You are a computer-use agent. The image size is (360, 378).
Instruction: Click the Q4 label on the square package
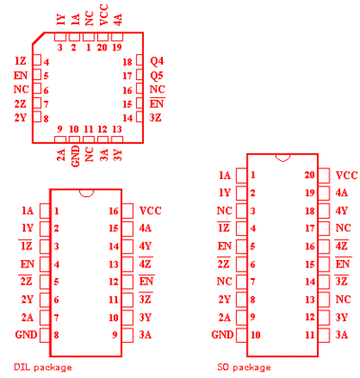[x=157, y=61]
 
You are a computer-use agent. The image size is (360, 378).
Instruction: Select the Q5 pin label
[x=157, y=76]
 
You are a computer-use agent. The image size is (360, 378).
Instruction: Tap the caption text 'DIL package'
[x=43, y=367]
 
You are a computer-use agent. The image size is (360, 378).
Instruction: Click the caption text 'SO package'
[x=244, y=367]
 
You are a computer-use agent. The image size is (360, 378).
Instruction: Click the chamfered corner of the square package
[x=38, y=38]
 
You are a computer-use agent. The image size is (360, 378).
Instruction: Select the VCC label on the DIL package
[x=150, y=211]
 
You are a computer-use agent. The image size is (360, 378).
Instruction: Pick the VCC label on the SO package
[x=346, y=175]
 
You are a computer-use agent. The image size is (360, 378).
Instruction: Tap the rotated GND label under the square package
[x=76, y=156]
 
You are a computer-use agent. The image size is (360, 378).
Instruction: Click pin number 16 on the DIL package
[x=113, y=211]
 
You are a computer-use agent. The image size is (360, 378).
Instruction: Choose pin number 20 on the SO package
[x=310, y=175]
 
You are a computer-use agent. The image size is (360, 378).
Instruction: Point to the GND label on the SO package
[x=222, y=335]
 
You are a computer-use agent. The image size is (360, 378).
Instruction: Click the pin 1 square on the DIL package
[x=45, y=211]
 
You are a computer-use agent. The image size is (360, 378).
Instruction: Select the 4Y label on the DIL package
[x=145, y=247]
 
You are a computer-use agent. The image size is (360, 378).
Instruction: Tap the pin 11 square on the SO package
[x=324, y=335]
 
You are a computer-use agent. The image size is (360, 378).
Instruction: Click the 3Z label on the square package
[x=156, y=118]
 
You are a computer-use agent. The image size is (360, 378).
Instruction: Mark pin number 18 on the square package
[x=128, y=62]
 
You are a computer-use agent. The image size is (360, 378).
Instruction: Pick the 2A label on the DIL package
[x=27, y=318]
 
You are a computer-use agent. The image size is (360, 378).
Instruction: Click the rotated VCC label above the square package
[x=103, y=15]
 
